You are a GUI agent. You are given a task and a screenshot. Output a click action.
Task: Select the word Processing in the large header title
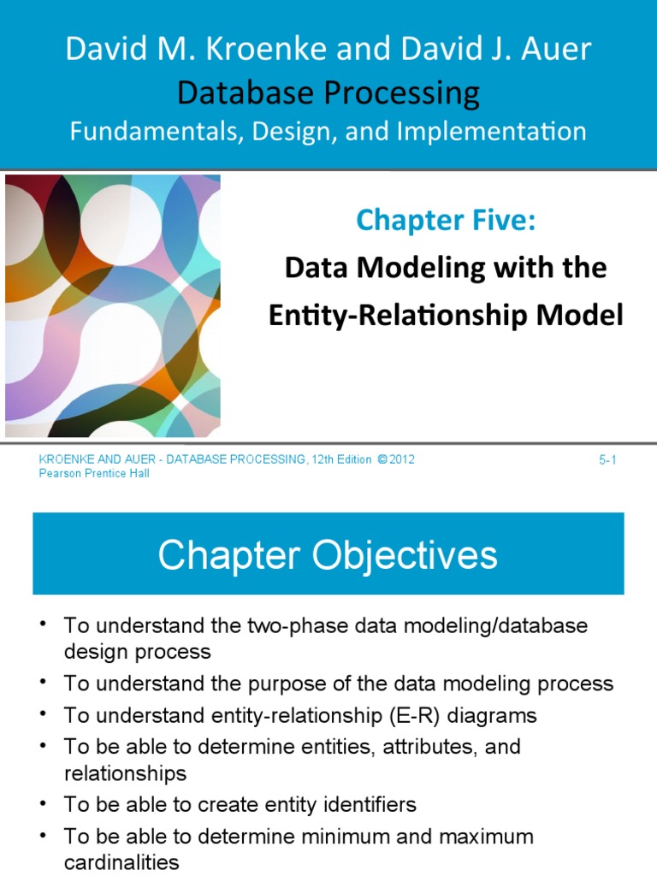pyautogui.click(x=400, y=92)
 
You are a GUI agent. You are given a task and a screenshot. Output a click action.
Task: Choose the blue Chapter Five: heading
pyautogui.click(x=446, y=220)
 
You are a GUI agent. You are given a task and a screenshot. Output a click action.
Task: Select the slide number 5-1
pyautogui.click(x=607, y=460)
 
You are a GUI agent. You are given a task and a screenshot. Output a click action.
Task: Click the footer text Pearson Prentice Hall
pyautogui.click(x=94, y=474)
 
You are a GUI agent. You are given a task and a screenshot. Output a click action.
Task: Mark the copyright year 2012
pyautogui.click(x=402, y=460)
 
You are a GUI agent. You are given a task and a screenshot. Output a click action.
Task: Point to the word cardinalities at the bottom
pyautogui.click(x=121, y=862)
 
